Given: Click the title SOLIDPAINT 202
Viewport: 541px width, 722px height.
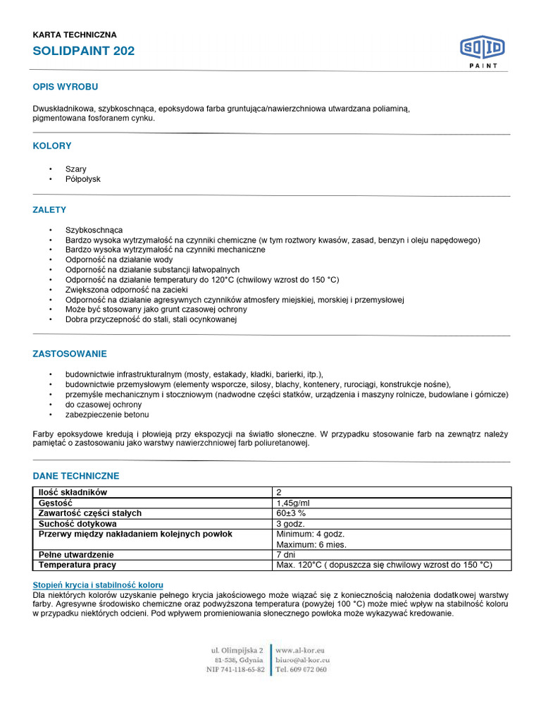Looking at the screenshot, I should (84, 51).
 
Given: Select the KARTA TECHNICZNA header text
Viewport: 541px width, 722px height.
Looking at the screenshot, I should (75, 35).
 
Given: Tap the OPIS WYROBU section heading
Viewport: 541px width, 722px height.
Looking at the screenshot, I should (66, 87).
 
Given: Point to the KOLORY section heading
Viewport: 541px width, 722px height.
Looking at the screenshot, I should (52, 146).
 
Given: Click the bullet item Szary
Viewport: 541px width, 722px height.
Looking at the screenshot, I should (76, 169).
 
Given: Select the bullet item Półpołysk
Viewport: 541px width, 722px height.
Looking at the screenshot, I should (83, 179).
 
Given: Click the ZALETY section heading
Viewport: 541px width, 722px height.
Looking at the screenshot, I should (49, 210).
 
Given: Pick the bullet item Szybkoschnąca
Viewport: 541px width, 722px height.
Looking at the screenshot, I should (94, 231).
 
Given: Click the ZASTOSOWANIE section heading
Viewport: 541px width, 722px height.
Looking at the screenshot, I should (70, 353).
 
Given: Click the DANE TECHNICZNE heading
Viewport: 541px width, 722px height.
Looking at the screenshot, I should (76, 476).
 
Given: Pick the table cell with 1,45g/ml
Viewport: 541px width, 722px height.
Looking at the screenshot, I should (292, 503).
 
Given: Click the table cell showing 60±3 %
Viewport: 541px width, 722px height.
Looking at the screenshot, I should (291, 513).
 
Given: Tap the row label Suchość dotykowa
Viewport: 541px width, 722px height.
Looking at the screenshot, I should (77, 524).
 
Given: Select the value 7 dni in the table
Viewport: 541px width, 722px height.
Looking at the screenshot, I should (287, 555).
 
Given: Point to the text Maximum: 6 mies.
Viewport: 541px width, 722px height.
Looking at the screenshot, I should (311, 544).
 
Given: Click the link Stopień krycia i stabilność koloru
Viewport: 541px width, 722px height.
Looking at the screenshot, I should (98, 585).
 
